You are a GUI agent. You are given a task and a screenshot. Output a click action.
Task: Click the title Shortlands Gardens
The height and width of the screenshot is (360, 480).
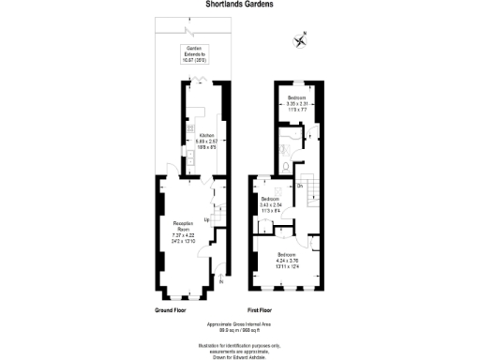point(239,4)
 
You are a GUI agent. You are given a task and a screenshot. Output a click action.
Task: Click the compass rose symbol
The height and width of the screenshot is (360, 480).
point(300,39)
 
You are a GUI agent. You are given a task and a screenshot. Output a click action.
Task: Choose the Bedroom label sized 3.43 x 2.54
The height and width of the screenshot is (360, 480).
point(271,200)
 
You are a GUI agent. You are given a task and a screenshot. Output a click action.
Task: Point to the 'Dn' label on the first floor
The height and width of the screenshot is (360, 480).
point(300,185)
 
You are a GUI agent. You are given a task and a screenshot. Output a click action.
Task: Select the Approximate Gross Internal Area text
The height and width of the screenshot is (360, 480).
point(240,324)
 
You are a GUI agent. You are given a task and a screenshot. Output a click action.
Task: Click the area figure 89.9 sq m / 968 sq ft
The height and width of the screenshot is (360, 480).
point(240,330)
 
